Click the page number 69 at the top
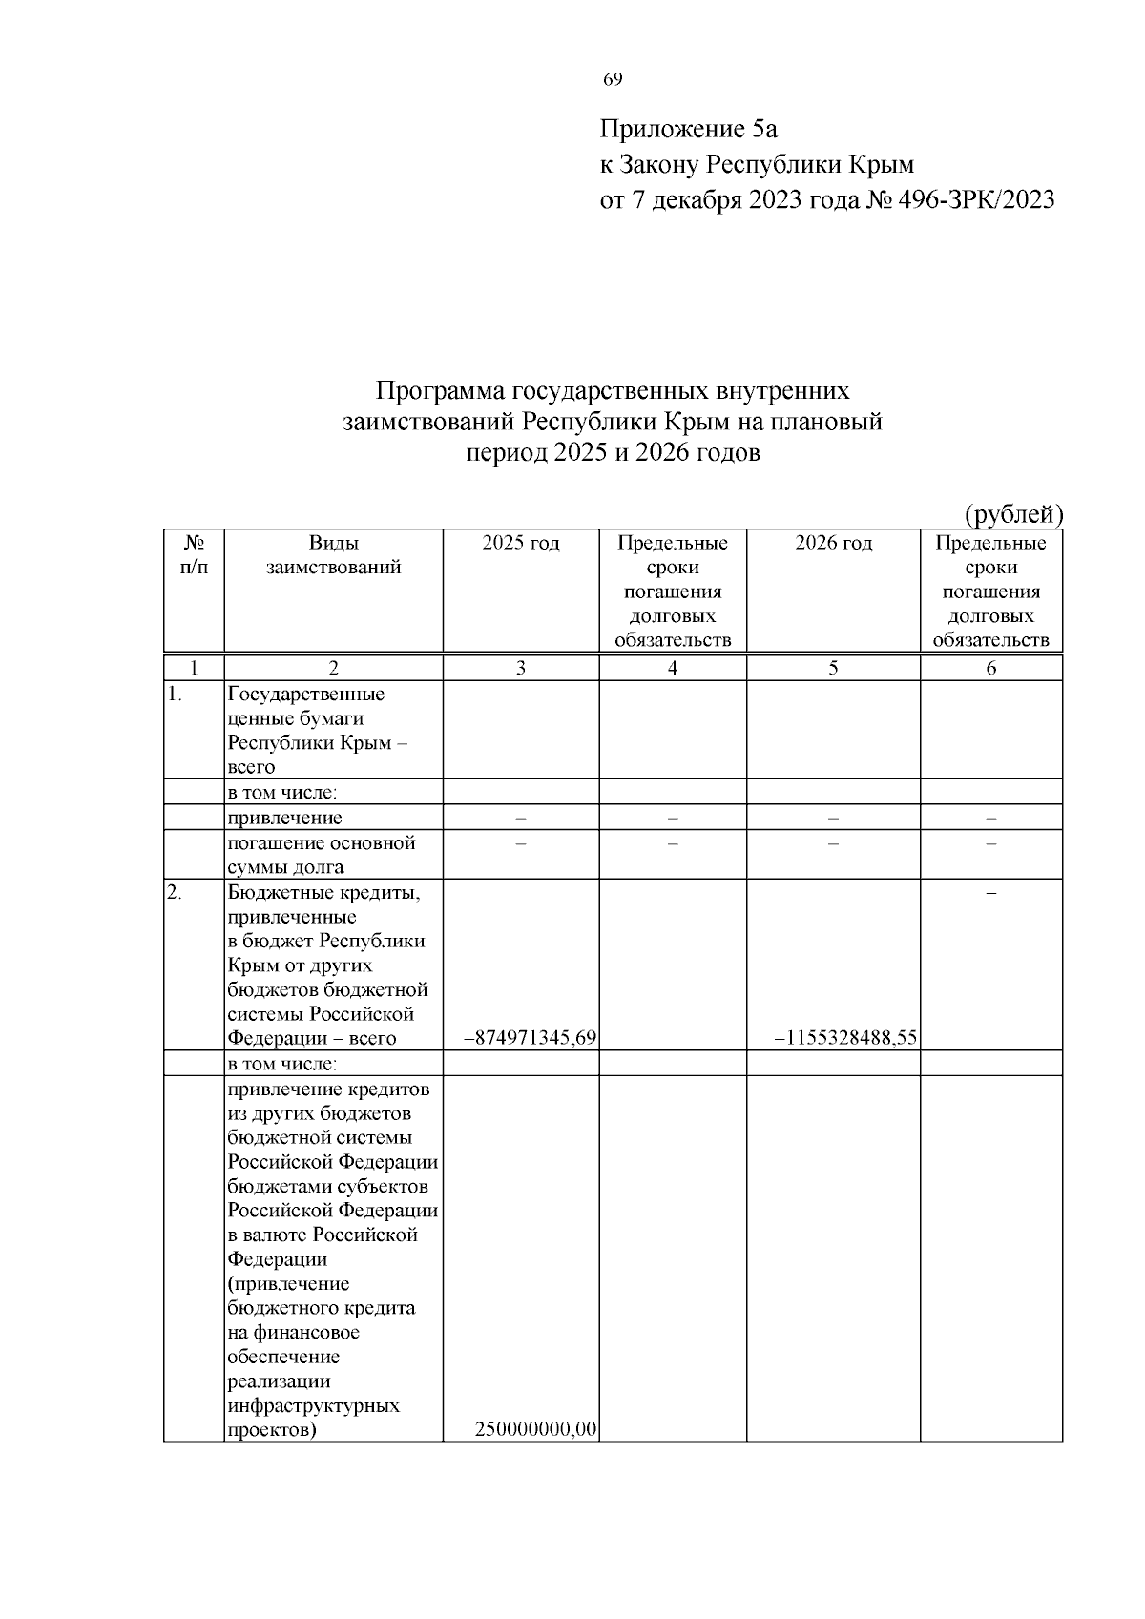[613, 79]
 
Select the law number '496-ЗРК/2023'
[973, 199]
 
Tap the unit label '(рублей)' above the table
[1013, 514]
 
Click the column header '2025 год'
[520, 544]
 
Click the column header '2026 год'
[833, 544]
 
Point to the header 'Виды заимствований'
[333, 555]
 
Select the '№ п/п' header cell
[194, 555]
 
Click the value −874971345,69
[530, 1038]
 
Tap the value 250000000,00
[535, 1429]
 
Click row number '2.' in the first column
[175, 893]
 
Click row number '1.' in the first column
[175, 695]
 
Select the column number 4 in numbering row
[673, 668]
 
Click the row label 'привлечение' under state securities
[284, 818]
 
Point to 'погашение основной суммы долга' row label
[322, 855]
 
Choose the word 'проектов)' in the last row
[272, 1430]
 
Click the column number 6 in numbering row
[990, 668]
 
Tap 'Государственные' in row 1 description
[305, 694]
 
